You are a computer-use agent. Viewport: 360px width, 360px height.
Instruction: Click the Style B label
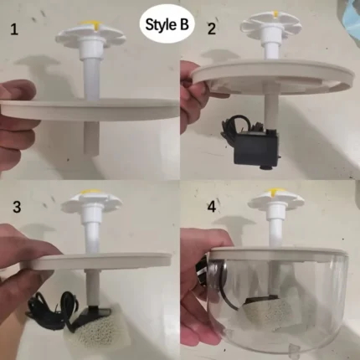[167, 25]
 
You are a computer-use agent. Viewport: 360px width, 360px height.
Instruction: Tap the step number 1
[13, 31]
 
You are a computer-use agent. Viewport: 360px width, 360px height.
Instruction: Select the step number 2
[211, 29]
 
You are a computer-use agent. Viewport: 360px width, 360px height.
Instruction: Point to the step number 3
[16, 205]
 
